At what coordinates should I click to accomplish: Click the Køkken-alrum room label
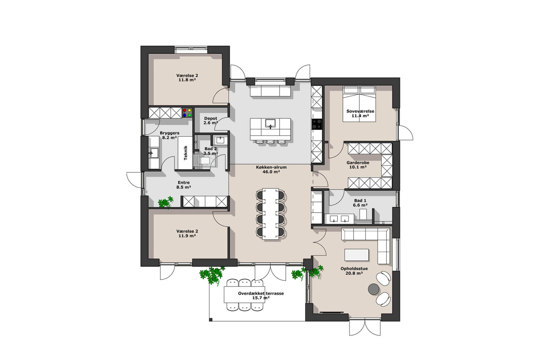271,167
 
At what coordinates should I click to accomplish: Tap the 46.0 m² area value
271,172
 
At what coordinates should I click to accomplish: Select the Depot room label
211,118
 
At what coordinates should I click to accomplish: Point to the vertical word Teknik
185,153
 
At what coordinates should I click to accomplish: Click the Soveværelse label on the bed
360,111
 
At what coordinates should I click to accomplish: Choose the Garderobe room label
358,163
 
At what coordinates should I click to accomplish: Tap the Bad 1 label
360,200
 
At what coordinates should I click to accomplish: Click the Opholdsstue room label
354,268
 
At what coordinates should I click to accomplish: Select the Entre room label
184,182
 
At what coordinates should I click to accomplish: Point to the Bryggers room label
169,133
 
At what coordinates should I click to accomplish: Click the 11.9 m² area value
187,236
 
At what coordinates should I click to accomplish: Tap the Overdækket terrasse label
261,293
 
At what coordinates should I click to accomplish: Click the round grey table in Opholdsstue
374,289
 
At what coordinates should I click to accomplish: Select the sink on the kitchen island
270,123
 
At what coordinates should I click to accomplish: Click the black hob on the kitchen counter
317,124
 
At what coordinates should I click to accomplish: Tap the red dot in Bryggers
184,110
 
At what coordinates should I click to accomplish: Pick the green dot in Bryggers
189,115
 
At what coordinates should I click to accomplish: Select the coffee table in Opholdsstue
356,255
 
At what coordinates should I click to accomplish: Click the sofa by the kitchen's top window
270,91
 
